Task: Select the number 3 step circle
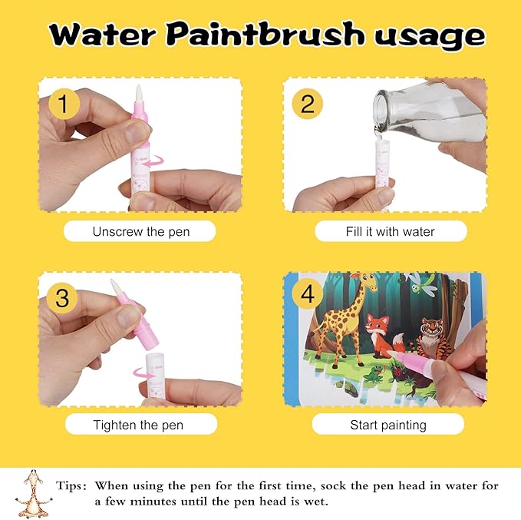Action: point(64,296)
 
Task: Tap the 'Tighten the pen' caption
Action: point(140,424)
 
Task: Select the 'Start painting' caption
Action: point(387,424)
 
